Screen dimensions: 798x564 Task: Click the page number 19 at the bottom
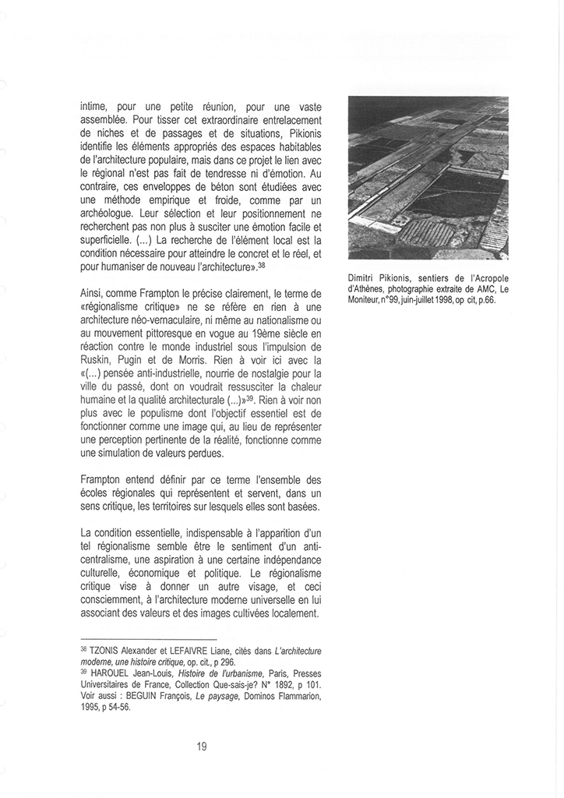[x=202, y=747]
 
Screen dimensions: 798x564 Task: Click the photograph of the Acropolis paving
[x=428, y=178]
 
